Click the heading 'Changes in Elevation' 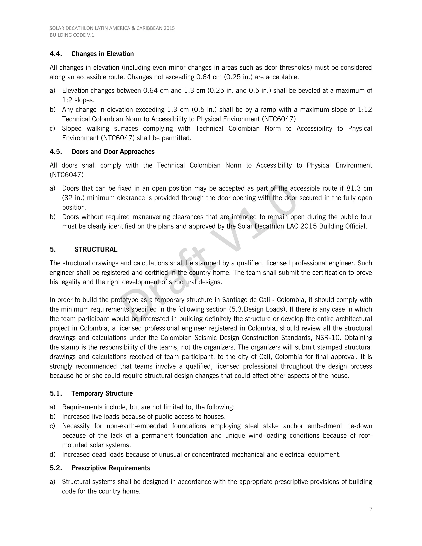click(102, 54)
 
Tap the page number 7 click(371, 509)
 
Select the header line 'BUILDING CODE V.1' click(72, 35)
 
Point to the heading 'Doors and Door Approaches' click(113, 152)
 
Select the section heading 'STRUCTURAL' click(96, 250)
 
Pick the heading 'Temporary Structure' click(102, 394)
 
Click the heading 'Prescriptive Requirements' click(110, 468)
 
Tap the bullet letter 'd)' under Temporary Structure click(53, 455)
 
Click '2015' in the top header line click(169, 28)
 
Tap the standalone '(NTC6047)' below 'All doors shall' click(67, 175)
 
